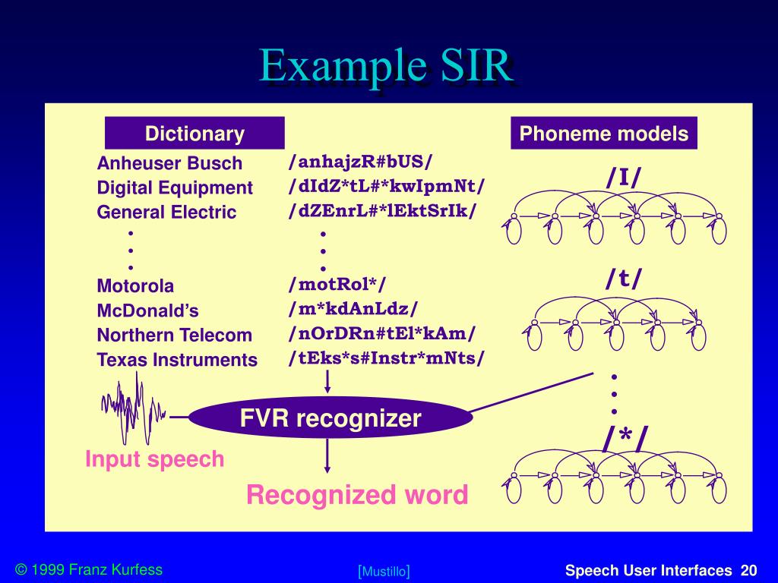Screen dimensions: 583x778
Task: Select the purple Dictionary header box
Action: click(194, 134)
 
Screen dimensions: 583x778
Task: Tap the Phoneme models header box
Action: click(604, 134)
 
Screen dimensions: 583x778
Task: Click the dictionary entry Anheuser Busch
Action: click(169, 163)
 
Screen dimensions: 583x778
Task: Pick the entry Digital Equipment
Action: click(175, 188)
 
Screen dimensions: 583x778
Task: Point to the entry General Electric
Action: click(166, 212)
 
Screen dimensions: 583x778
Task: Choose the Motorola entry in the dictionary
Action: click(135, 286)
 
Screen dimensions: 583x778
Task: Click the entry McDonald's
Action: click(147, 310)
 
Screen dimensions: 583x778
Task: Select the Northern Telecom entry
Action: click(174, 335)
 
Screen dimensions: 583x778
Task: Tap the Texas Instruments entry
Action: click(177, 359)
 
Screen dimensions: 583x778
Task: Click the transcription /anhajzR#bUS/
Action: click(360, 162)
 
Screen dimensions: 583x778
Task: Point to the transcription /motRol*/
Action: click(337, 285)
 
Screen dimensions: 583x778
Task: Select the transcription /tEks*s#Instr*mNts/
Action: click(386, 358)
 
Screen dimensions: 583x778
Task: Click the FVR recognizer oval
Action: click(330, 418)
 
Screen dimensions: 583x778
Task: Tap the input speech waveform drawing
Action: click(134, 409)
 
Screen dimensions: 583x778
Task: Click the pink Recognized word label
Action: click(357, 496)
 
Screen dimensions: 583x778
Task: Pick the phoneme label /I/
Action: click(624, 177)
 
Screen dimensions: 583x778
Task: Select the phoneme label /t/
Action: click(624, 279)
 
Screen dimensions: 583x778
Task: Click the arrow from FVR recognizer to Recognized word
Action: click(327, 455)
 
